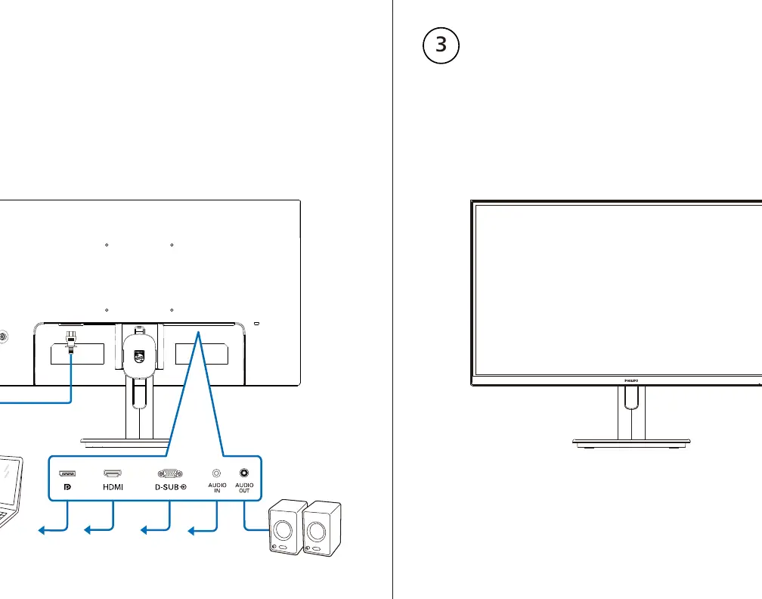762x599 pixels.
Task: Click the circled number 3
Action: coord(441,45)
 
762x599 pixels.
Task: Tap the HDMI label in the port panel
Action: coord(113,487)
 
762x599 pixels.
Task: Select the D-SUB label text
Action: coord(167,487)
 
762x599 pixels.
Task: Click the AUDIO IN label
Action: coord(217,488)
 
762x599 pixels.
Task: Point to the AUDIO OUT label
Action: coord(244,488)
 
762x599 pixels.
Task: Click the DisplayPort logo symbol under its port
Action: coord(67,487)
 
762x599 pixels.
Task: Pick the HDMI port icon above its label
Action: coord(113,473)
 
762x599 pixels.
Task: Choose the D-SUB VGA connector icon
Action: coord(170,473)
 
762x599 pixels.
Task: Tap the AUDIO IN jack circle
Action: coord(217,473)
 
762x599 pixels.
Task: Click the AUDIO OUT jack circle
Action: coord(244,473)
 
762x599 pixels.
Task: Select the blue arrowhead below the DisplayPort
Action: coord(42,530)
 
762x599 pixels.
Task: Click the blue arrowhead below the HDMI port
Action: coord(88,530)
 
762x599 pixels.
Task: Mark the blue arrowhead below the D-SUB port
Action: coord(144,530)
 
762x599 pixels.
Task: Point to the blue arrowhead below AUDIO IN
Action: coord(191,530)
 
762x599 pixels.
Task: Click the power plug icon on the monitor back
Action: coord(71,342)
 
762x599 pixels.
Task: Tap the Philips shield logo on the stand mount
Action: coord(138,356)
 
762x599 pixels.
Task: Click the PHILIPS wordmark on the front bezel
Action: coord(631,380)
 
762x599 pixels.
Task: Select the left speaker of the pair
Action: coord(287,527)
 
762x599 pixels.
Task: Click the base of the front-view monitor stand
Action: coord(631,442)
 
